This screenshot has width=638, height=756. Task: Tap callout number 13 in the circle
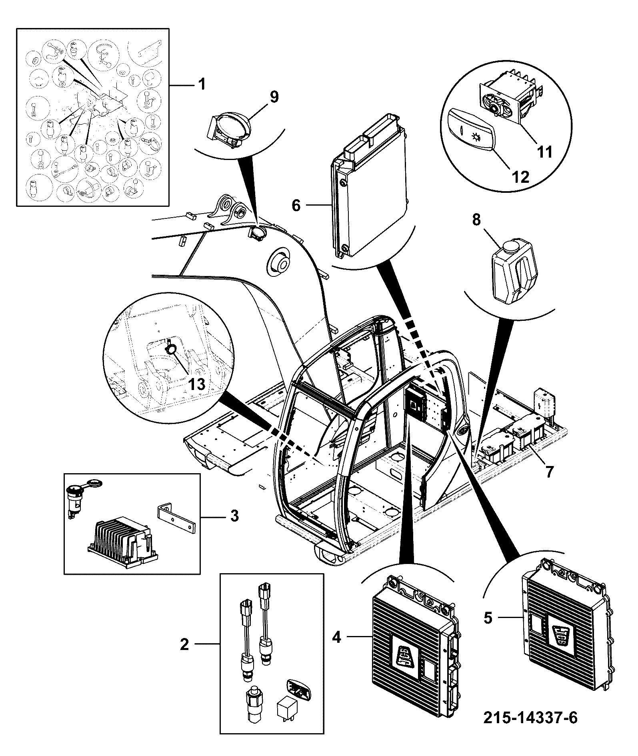(197, 384)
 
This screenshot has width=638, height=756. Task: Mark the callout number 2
(184, 645)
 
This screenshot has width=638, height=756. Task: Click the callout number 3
(235, 516)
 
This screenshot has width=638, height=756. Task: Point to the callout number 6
(296, 206)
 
